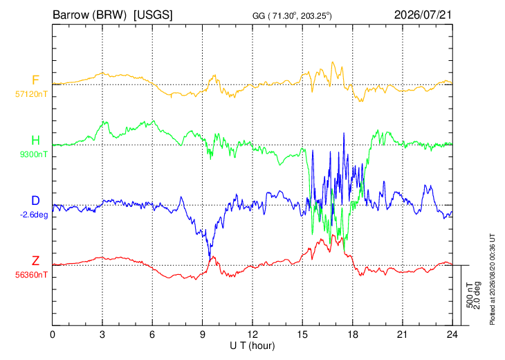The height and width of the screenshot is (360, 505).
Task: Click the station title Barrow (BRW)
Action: pos(89,15)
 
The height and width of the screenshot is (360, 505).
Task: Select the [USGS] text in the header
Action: pos(153,15)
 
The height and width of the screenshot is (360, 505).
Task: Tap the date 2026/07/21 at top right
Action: pos(423,15)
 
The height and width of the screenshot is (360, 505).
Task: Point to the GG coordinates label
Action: pos(292,16)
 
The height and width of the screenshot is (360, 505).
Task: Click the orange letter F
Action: pos(35,80)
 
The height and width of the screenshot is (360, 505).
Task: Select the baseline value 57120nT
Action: pos(31,94)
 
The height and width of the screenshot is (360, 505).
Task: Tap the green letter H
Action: pos(35,141)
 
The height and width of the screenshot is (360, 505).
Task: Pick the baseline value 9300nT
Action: pos(33,154)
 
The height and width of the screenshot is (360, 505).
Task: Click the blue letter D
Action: pos(35,201)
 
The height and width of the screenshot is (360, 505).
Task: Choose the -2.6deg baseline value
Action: pos(34,215)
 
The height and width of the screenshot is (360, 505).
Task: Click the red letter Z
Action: pos(35,261)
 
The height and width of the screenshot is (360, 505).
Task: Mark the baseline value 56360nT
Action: pos(31,275)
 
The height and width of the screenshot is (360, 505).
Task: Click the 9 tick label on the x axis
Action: pos(202,335)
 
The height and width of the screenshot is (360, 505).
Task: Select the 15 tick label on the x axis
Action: pos(302,335)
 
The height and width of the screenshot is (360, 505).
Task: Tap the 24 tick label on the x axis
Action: pos(452,335)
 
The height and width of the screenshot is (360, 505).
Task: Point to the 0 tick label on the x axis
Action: pos(53,335)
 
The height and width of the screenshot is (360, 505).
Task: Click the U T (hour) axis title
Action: pos(252,346)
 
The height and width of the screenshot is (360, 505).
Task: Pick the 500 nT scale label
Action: pos(470,296)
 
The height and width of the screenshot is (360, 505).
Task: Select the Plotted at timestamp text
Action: pos(492,279)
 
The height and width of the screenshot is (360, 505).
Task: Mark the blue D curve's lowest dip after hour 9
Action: pos(210,258)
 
